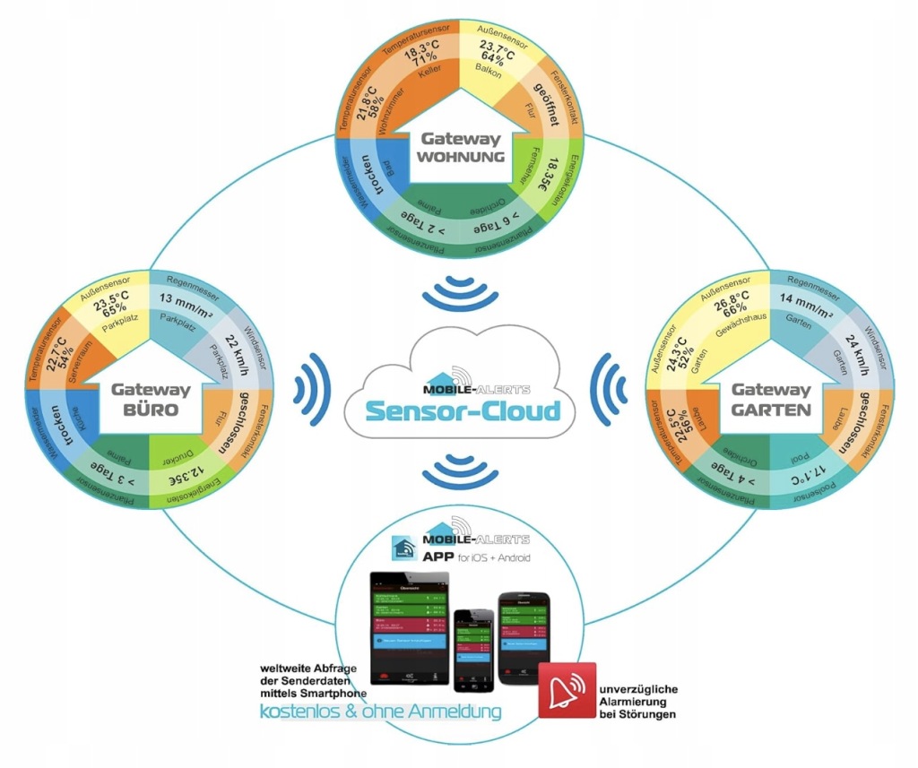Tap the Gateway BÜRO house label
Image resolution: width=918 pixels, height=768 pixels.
coord(150,400)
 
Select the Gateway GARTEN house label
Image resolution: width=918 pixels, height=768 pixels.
coord(771,400)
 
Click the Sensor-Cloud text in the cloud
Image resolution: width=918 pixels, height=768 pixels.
coord(461,411)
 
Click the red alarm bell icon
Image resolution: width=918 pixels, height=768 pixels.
coord(567,690)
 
